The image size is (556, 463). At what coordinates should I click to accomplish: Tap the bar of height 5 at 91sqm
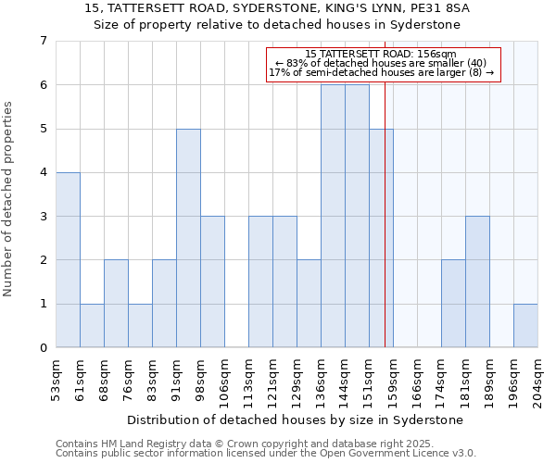188,238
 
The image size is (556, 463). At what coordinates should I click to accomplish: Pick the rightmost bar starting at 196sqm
525,325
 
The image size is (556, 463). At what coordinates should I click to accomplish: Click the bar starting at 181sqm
477,282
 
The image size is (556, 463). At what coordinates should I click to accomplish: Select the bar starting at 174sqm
453,304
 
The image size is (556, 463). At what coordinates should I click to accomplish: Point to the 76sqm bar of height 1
140,325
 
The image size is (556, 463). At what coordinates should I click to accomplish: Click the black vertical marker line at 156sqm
385,231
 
